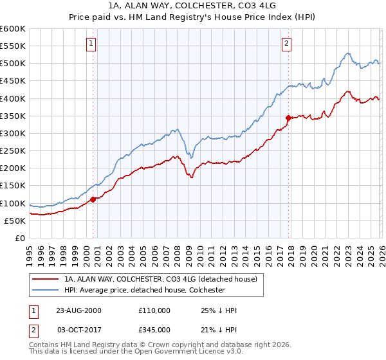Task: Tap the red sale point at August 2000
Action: click(93, 199)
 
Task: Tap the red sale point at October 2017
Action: click(288, 118)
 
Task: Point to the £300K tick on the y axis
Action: click(13, 133)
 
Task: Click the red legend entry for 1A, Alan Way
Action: click(160, 279)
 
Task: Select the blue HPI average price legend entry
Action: click(144, 291)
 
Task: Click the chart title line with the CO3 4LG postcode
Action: click(193, 6)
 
